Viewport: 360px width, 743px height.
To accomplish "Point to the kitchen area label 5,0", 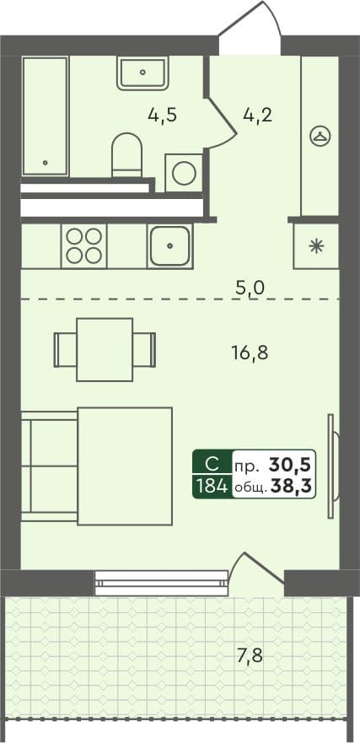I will click(x=250, y=288).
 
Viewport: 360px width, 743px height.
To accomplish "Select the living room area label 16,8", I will click(x=250, y=352).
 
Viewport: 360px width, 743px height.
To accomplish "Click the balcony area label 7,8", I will click(x=250, y=654).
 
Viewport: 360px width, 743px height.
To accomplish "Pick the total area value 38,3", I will click(x=292, y=486).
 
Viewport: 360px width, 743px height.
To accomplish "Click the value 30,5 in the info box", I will click(x=292, y=464).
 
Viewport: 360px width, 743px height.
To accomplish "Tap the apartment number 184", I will click(x=211, y=486).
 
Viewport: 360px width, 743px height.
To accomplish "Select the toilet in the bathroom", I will click(x=127, y=154).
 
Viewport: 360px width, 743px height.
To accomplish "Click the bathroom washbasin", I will click(x=143, y=73).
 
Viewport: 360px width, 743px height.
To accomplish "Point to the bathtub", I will click(x=45, y=116).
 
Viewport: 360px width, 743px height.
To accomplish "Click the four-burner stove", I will click(x=83, y=245).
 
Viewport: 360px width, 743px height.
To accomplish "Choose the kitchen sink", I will click(x=170, y=245).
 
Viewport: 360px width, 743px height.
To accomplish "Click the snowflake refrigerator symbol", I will click(x=316, y=246).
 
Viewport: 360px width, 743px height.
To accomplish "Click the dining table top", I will click(x=105, y=349).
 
